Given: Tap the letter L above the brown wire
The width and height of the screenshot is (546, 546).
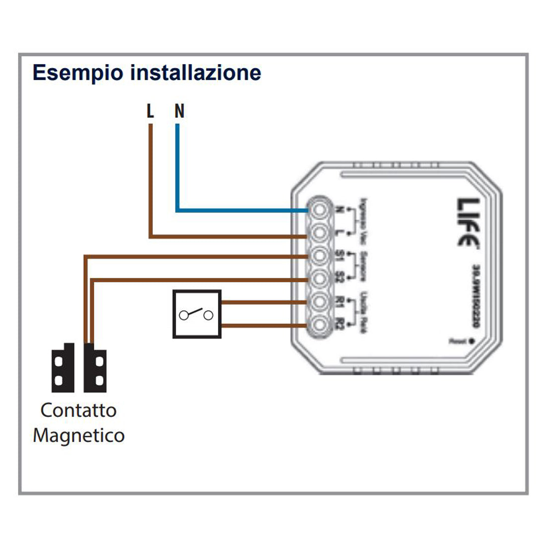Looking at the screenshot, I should tap(150, 111).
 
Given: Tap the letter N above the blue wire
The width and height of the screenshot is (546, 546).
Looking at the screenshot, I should tap(179, 111).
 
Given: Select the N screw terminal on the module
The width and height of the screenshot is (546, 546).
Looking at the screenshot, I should tap(318, 209).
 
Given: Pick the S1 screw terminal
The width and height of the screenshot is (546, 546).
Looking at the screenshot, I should tap(318, 256).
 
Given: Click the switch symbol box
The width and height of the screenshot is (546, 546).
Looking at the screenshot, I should tap(197, 314).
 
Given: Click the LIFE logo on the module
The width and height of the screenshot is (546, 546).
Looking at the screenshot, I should tap(468, 222).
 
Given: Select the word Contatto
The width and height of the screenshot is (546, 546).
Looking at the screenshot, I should tap(78, 410).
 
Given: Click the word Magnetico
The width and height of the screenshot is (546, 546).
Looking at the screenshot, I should tap(78, 436).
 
